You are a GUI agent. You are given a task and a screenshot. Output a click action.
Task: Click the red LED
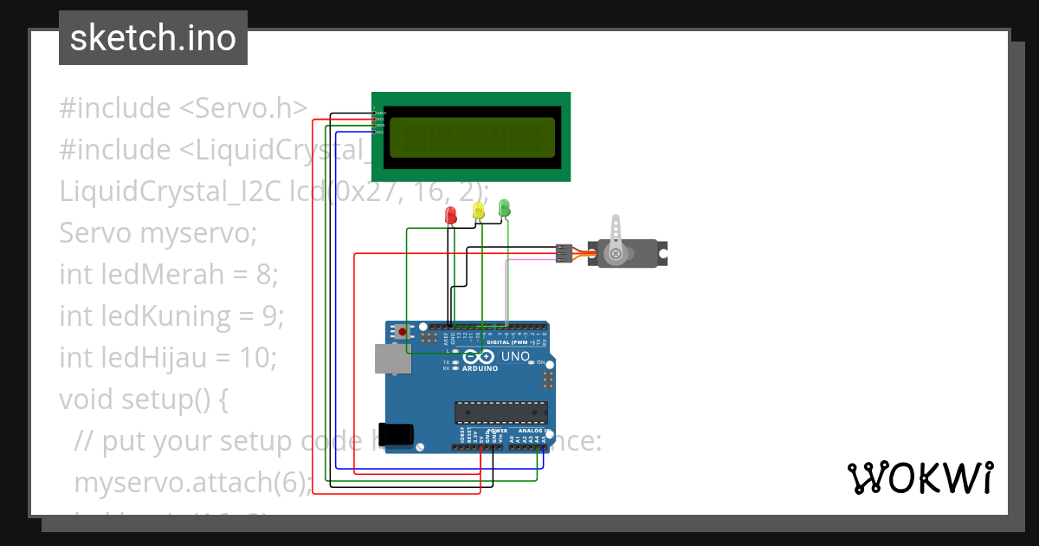click(450, 215)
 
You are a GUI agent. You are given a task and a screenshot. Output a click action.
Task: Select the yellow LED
click(478, 210)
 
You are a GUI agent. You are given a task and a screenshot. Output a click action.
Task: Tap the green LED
click(504, 207)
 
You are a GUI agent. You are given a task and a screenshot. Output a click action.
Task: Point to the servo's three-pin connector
click(564, 253)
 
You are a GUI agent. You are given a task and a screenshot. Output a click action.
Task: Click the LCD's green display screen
click(472, 137)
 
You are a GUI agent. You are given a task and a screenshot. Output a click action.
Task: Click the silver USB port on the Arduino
click(391, 359)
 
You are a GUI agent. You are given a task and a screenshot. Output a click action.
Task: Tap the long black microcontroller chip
click(501, 414)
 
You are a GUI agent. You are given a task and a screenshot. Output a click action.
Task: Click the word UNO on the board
click(516, 356)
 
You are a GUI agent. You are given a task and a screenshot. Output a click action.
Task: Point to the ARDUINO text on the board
click(480, 368)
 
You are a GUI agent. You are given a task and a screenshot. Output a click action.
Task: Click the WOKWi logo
click(920, 478)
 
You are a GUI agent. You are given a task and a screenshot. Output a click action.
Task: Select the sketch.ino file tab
click(153, 38)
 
